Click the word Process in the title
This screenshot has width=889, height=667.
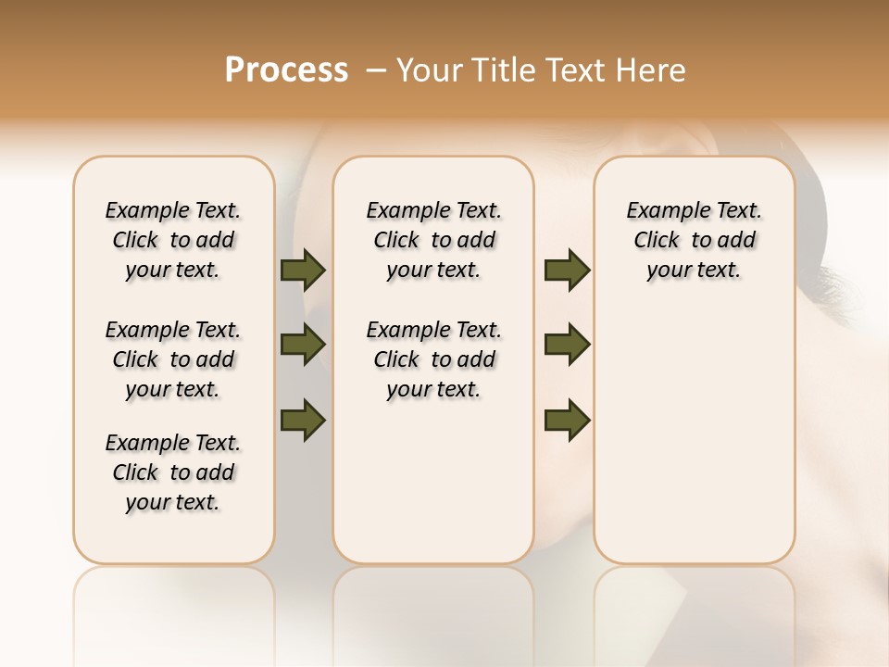[x=286, y=70]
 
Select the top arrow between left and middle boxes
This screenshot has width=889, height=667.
[x=303, y=271]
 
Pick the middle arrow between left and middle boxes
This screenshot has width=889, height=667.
[x=303, y=346]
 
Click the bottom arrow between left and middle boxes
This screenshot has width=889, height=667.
[x=303, y=420]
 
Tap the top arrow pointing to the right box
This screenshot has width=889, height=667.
[x=567, y=271]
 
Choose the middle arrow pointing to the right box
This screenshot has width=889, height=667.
[x=567, y=346]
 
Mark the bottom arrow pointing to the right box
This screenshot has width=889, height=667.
[x=567, y=420]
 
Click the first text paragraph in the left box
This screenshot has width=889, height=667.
[x=173, y=240]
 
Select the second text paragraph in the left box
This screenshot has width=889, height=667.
[x=173, y=359]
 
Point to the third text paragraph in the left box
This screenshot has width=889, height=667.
[x=173, y=472]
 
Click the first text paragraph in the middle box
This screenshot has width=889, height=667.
[x=433, y=240]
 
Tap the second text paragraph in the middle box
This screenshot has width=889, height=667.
[x=433, y=359]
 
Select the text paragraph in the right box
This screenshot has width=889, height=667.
[x=695, y=240]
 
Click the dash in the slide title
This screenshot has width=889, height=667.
[x=376, y=70]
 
